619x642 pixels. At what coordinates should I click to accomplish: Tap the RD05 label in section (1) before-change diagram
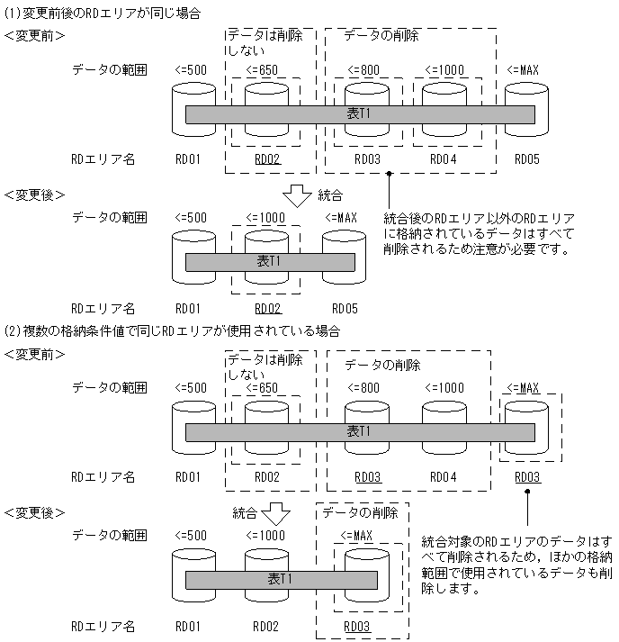(x=526, y=158)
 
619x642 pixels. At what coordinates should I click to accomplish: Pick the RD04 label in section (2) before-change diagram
(x=444, y=476)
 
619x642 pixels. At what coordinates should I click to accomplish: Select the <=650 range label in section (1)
(x=264, y=70)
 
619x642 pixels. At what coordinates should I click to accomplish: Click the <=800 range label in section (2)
(x=356, y=387)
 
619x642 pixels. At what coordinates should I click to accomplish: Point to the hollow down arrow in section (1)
(x=295, y=195)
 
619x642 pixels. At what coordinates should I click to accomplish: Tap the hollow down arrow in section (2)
(x=274, y=514)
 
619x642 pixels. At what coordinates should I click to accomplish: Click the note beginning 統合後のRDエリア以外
(x=479, y=233)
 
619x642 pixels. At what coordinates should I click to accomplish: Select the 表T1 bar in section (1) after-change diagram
(x=265, y=262)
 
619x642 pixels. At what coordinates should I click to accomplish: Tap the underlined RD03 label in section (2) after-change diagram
(x=357, y=626)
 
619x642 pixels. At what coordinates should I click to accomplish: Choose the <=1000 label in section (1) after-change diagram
(x=265, y=217)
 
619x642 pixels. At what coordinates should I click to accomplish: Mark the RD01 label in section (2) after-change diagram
(x=188, y=626)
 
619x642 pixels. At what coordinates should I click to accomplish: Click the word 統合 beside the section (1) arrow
(x=329, y=194)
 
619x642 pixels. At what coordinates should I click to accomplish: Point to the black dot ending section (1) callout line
(x=389, y=173)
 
